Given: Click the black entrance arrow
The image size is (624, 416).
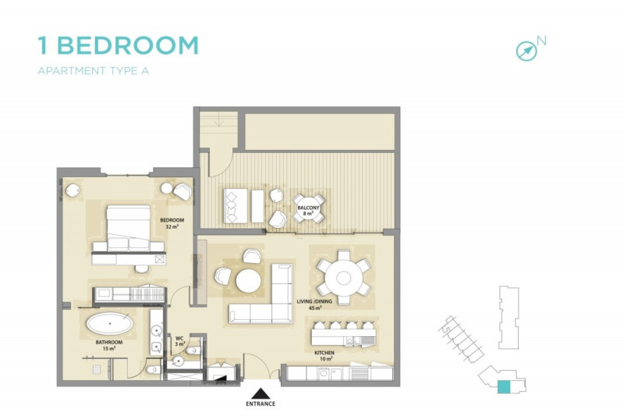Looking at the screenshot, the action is pyautogui.click(x=261, y=393).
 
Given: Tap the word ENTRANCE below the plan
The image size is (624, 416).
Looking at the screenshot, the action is pyautogui.click(x=261, y=404).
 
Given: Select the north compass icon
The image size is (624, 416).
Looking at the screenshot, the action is pyautogui.click(x=526, y=52).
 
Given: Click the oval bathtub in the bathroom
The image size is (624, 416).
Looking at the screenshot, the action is pyautogui.click(x=109, y=323).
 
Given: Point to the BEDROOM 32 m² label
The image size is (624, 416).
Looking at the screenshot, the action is pyautogui.click(x=172, y=223).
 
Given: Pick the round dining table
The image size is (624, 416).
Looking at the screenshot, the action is pyautogui.click(x=343, y=278).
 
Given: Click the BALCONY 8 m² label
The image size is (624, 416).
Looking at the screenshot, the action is pyautogui.click(x=308, y=210).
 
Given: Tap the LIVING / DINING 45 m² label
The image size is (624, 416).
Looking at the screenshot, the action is pyautogui.click(x=314, y=304).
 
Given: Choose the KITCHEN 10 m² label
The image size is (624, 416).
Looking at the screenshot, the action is pyautogui.click(x=324, y=356).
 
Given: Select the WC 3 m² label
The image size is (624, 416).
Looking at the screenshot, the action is pyautogui.click(x=180, y=342).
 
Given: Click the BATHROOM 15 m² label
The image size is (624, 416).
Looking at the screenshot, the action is pyautogui.click(x=109, y=345).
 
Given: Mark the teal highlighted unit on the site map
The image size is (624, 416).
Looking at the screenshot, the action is pyautogui.click(x=503, y=387).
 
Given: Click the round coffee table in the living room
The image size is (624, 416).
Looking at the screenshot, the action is pyautogui.click(x=248, y=281).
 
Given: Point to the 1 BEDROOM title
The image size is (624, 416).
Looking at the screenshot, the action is pyautogui.click(x=119, y=45).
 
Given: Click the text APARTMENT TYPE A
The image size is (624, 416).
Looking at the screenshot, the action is pyautogui.click(x=93, y=71).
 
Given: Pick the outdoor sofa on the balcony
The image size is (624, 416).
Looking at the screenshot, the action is pyautogui.click(x=236, y=206).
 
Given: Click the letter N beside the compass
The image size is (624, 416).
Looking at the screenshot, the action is pyautogui.click(x=541, y=41).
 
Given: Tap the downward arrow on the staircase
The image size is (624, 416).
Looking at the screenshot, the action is pyautogui.click(x=218, y=120).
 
